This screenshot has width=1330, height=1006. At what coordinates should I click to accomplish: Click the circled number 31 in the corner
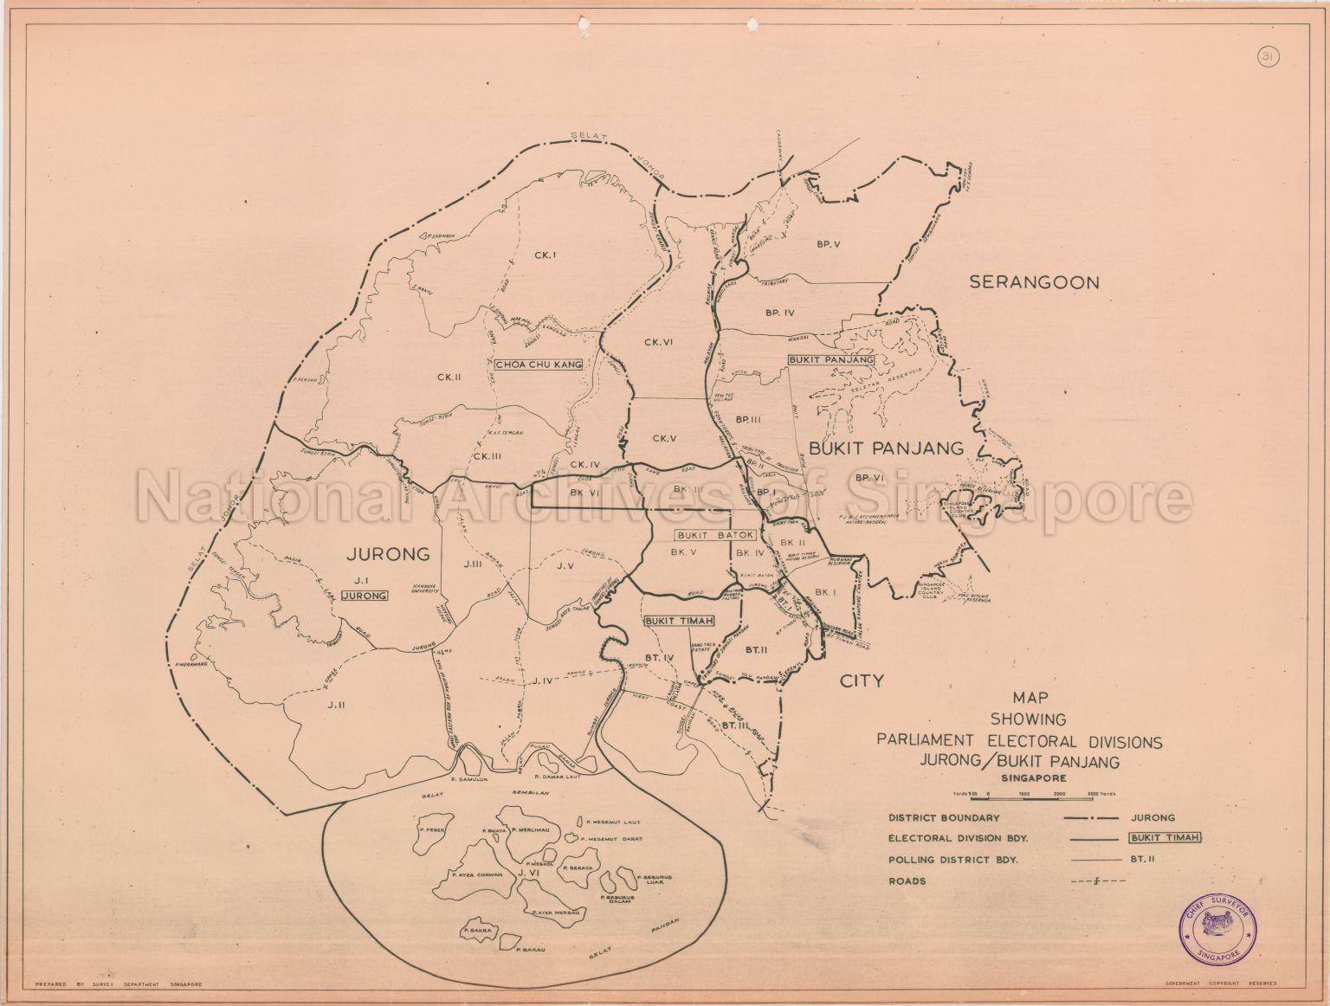coord(1267,58)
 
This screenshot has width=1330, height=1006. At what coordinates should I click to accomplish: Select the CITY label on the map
coord(862,680)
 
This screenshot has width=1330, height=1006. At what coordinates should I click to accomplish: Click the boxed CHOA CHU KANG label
coord(538,364)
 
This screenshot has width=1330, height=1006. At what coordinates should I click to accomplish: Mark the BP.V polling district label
coord(828,244)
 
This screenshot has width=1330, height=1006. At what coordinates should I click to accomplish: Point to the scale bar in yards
coord(1035,793)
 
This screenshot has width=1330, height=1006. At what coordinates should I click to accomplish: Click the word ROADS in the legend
coord(906,881)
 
